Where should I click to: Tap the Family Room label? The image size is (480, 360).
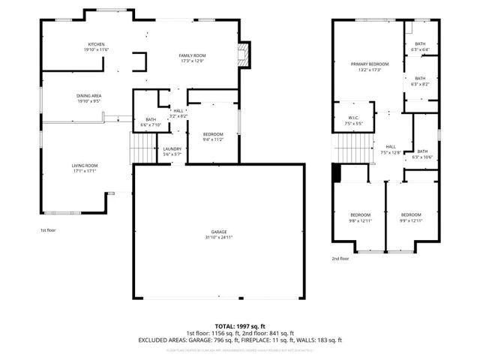coord(192,58)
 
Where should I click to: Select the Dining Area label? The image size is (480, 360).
coord(88,98)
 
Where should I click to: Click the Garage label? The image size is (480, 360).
coord(218,235)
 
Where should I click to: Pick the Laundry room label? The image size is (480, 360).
coord(172,151)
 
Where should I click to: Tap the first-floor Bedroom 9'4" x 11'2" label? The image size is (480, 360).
coord(213,136)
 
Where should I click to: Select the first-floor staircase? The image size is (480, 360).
coord(141,147)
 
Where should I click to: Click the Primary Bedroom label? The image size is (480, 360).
coord(369,67)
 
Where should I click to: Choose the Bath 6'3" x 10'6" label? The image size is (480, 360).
coord(422,154)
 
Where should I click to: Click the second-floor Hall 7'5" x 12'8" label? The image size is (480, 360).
coord(391,149)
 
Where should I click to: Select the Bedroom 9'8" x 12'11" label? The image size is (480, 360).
coord(361,217)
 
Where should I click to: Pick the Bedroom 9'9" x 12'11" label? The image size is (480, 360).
coord(411,217)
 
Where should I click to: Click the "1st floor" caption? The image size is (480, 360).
coord(48,230)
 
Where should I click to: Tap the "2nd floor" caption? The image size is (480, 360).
coord(340,259)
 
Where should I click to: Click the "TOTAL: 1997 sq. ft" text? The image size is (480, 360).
coord(240,325)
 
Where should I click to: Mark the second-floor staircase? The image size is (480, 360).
coord(352,148)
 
